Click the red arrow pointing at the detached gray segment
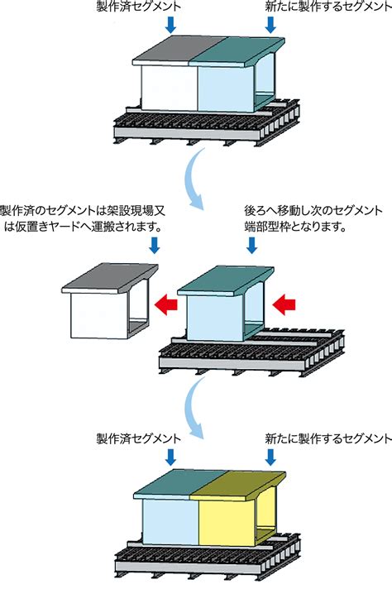click(165, 303)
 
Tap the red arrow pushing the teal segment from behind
click(284, 304)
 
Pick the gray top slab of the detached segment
click(110, 279)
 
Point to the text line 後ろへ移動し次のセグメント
click(313, 210)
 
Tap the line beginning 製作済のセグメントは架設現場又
click(83, 210)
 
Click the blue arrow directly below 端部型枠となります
click(252, 245)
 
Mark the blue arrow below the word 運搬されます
click(155, 245)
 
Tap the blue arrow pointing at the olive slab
click(270, 457)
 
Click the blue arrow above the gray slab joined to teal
click(171, 25)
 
